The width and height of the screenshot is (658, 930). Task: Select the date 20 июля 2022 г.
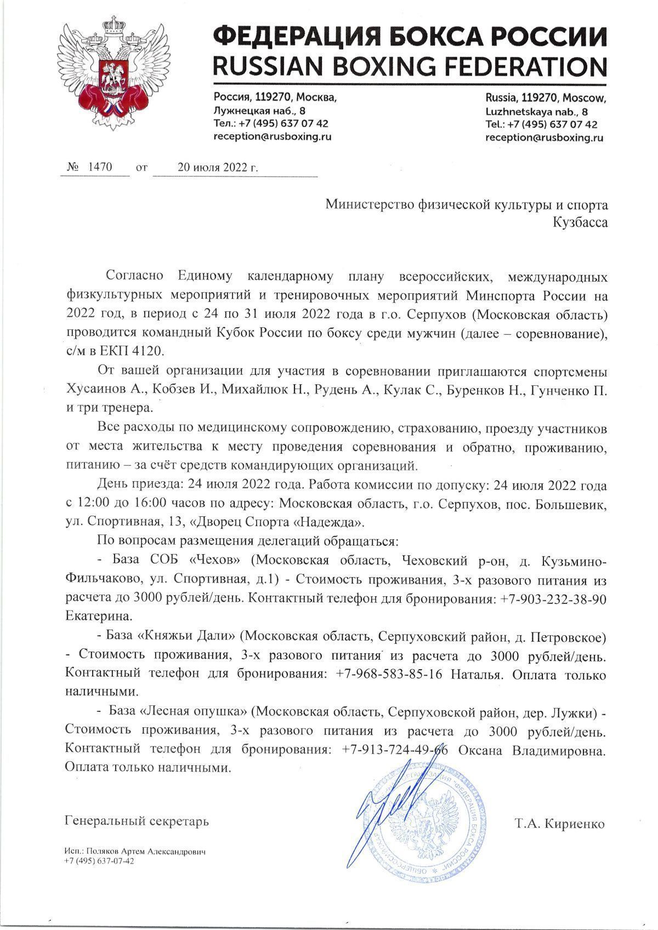click(218, 167)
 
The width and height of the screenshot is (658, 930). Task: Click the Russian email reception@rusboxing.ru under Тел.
click(272, 137)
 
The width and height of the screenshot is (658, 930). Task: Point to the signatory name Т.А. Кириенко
click(560, 824)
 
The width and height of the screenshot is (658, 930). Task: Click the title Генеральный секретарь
click(137, 821)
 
